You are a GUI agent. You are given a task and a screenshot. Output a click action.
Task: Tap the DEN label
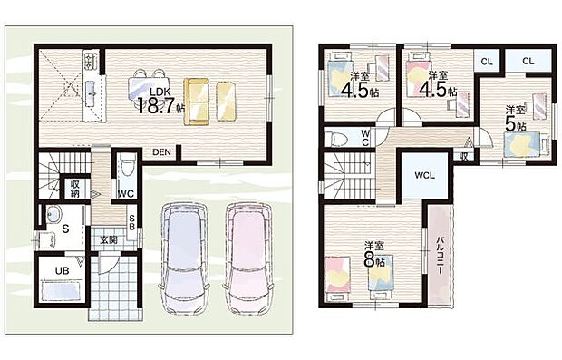162,151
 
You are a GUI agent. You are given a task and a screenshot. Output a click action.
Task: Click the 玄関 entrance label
109,238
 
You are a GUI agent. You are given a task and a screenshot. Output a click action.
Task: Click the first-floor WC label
126,193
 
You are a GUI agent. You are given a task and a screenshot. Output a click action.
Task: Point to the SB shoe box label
132,223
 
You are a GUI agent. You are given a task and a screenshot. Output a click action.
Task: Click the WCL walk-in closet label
424,175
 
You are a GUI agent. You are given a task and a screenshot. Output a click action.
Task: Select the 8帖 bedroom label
371,253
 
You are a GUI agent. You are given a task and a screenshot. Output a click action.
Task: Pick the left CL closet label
487,61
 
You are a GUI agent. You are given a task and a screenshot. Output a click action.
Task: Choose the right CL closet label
528,61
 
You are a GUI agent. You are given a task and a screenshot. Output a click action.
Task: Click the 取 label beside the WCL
463,156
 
